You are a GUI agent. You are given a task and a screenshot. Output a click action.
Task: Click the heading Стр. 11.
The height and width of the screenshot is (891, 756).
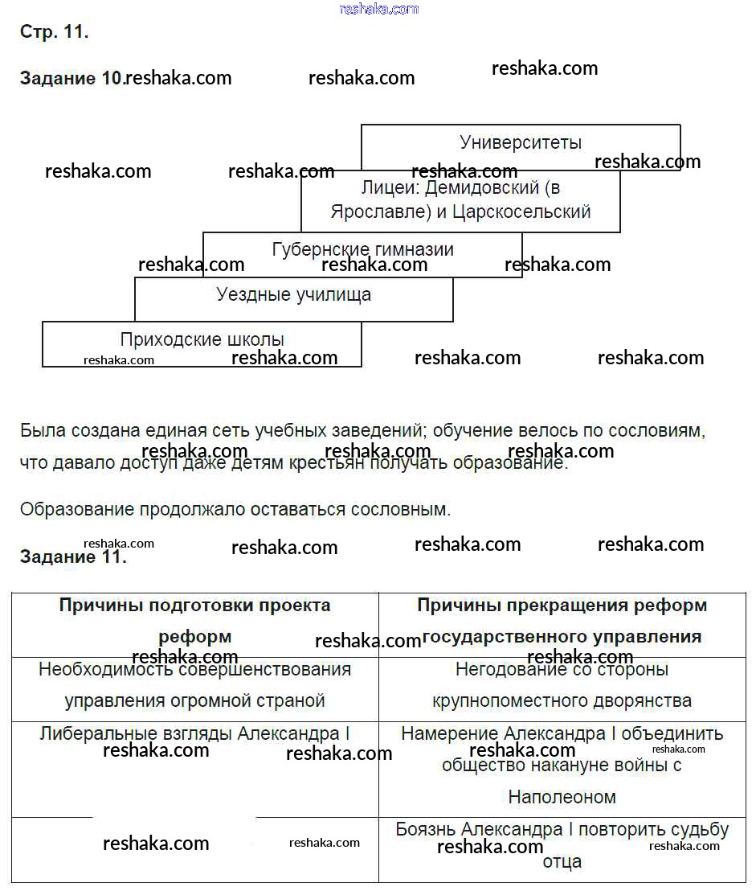coord(54,33)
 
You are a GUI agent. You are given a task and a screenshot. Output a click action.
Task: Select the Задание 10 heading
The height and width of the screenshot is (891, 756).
coord(72,78)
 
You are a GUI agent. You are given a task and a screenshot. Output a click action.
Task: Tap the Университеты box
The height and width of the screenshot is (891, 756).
coord(521,143)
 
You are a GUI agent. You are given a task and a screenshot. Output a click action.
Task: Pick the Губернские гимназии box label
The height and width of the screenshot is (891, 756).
coord(363,249)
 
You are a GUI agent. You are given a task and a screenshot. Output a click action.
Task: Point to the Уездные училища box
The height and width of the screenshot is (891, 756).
coord(294,295)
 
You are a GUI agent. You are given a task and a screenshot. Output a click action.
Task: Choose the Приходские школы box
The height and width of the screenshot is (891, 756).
coord(202,340)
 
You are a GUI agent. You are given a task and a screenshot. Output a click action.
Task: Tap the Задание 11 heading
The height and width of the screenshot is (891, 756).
coord(73,556)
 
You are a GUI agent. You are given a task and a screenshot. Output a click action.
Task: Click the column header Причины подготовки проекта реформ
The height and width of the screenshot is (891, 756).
coord(195,620)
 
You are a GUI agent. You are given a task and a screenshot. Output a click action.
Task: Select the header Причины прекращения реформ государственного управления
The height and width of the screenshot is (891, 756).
coord(562,620)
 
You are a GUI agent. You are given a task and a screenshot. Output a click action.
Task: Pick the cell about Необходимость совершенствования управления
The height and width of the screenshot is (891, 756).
coord(195,684)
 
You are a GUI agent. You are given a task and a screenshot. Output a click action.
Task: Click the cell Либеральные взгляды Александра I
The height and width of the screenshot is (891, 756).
coord(195,733)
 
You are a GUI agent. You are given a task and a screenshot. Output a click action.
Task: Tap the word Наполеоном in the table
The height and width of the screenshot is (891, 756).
coord(562,797)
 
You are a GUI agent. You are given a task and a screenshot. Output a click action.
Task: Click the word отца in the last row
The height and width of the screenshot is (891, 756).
coord(562,861)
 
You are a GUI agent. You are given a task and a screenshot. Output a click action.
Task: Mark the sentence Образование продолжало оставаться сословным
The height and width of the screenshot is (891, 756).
coord(235,509)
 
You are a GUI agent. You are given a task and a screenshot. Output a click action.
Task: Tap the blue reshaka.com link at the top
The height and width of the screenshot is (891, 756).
coord(379,9)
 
